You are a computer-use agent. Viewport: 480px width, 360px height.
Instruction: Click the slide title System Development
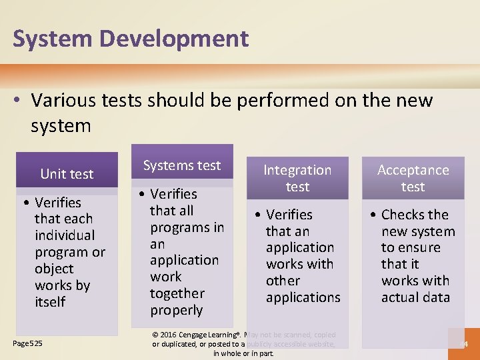coord(131,39)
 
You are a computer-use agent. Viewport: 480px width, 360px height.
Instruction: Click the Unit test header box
coord(67,174)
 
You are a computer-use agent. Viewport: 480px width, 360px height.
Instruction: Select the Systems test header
coord(182,165)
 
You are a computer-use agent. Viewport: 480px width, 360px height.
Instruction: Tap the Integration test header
coord(297,178)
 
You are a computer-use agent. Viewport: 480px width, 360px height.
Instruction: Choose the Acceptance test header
coord(413,178)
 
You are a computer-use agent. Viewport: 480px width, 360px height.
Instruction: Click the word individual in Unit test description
coord(65,235)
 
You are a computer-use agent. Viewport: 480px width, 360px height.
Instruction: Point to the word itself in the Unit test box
coord(50,302)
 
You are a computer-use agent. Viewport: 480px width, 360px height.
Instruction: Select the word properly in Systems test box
coord(176,310)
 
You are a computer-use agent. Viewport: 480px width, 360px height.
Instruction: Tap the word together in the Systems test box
coord(177,293)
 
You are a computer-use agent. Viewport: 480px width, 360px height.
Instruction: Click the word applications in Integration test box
coord(303,297)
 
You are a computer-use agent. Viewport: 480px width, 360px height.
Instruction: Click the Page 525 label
coord(28,343)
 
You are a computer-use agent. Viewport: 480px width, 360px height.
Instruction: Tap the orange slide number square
coord(463,344)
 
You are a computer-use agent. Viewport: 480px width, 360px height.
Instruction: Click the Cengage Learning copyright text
coord(244,343)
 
